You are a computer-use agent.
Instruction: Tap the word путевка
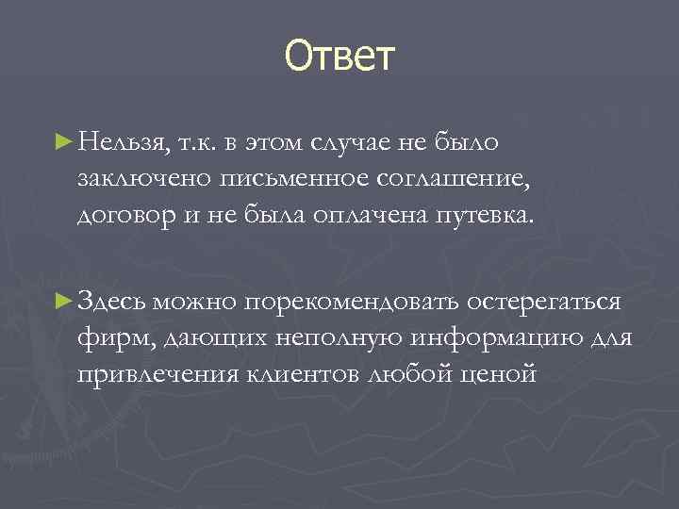click(x=488, y=214)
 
